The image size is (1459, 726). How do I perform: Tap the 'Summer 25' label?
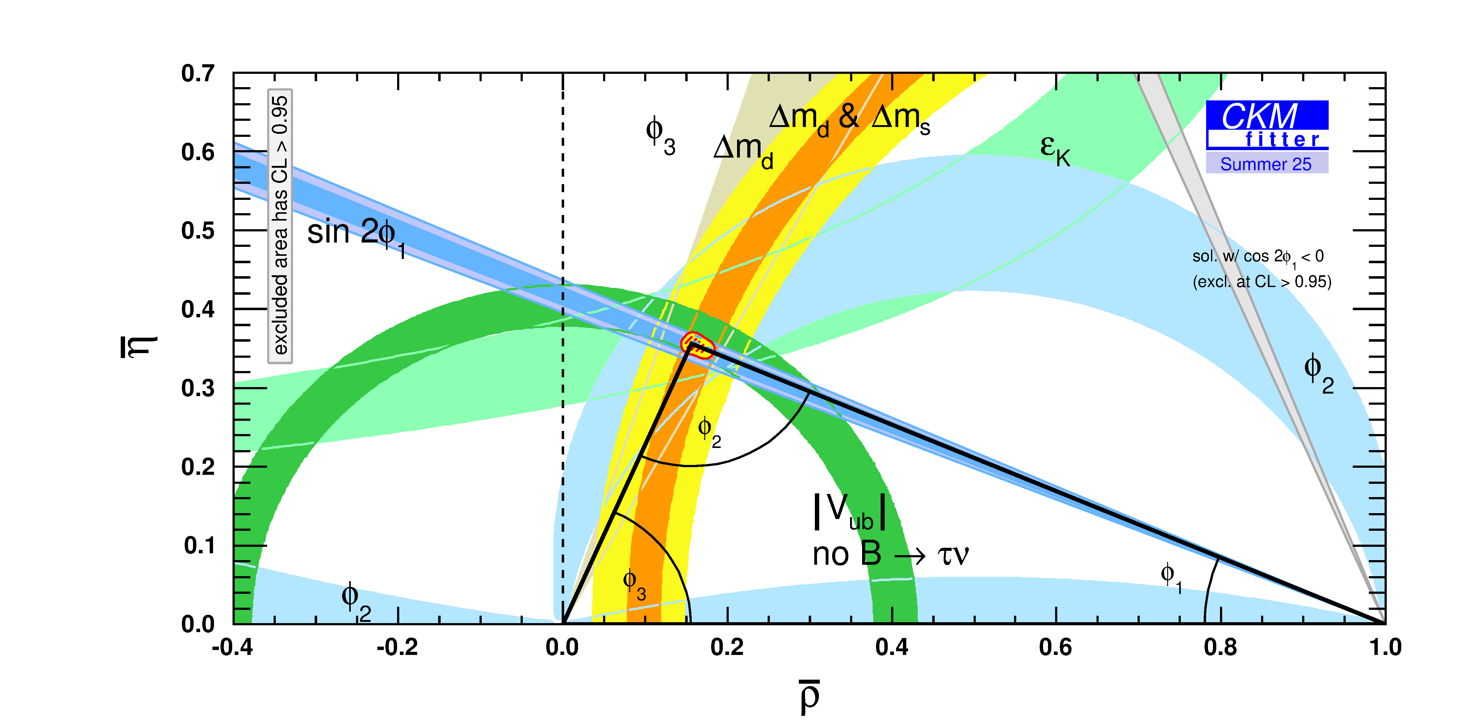click(1266, 164)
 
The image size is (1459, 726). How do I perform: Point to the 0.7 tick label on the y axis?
click(198, 74)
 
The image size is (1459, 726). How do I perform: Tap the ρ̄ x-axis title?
click(810, 696)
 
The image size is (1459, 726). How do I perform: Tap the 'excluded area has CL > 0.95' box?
click(280, 226)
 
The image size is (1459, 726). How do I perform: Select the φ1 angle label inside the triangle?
click(1171, 577)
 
